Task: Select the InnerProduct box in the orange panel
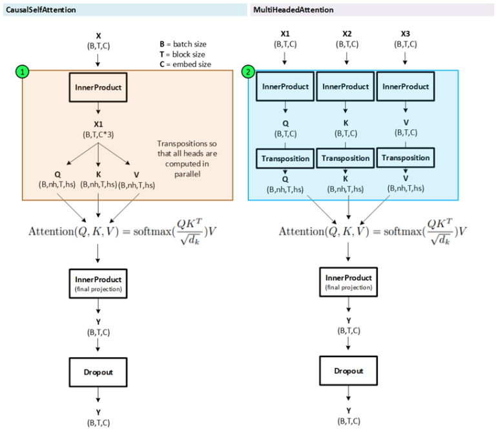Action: (98, 87)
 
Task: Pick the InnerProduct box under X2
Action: (346, 87)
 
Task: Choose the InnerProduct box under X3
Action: (405, 87)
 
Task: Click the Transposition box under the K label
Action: (346, 158)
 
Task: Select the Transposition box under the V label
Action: (405, 158)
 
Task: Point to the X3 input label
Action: (405, 39)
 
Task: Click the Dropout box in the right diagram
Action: (349, 371)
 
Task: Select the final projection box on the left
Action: (98, 283)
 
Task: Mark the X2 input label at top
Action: (347, 39)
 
